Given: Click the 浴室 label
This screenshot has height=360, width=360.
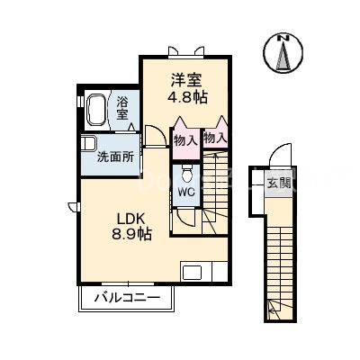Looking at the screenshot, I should click(123, 108).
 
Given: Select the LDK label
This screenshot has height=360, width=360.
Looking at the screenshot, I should click(130, 216).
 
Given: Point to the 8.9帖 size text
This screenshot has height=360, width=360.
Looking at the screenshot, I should click(131, 233).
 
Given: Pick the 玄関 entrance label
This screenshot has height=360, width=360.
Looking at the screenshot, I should click(277, 184).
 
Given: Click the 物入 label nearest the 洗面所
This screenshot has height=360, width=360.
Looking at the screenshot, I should click(185, 140).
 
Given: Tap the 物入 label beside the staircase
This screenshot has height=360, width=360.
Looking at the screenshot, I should click(214, 139).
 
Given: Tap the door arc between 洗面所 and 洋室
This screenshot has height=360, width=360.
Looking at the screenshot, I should click(155, 137).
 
